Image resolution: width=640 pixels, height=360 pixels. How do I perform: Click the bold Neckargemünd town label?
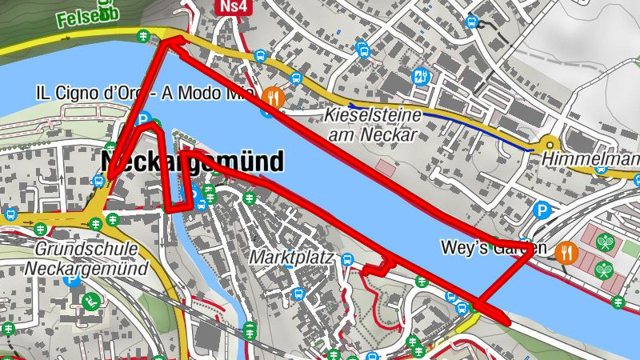193,162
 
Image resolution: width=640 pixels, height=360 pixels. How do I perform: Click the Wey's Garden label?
487,248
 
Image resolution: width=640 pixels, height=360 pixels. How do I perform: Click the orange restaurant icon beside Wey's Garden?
566,252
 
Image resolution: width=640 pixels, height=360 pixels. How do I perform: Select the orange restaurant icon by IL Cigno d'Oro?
274,97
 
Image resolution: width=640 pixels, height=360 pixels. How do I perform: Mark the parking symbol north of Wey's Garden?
542,210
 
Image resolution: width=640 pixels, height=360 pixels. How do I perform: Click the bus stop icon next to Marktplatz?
347,259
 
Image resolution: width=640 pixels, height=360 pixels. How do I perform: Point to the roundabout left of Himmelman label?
551,145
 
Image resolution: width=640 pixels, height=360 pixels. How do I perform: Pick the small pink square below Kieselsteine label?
386,168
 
